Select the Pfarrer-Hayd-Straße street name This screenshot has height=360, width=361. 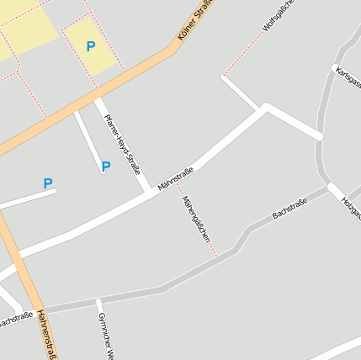click(122, 143)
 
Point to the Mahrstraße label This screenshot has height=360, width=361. click(176, 178)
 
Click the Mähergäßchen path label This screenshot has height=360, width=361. click(195, 220)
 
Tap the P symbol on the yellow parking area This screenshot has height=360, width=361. click(91, 47)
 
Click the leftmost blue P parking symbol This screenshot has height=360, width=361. click(48, 183)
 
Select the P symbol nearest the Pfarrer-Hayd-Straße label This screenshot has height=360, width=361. click(106, 167)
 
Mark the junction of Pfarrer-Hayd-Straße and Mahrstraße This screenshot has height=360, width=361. click(150, 193)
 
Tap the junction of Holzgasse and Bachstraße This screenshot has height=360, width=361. click(327, 186)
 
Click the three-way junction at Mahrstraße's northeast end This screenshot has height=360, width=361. click(265, 109)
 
